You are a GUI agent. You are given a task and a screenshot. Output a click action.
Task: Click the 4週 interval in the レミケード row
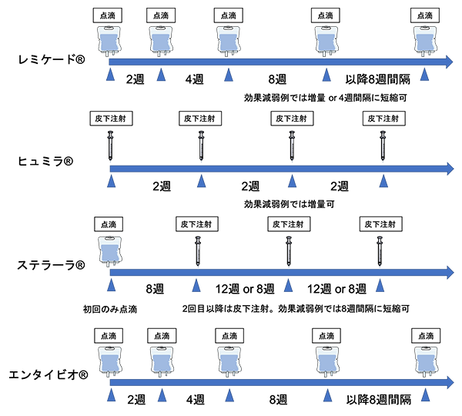pos(195,79)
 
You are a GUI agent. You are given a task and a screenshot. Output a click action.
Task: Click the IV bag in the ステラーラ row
pos(108,251)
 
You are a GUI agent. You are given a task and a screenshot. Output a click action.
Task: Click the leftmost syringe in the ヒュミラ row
pos(111,146)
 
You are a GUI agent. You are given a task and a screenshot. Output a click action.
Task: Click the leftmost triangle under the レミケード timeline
pos(110,75)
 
